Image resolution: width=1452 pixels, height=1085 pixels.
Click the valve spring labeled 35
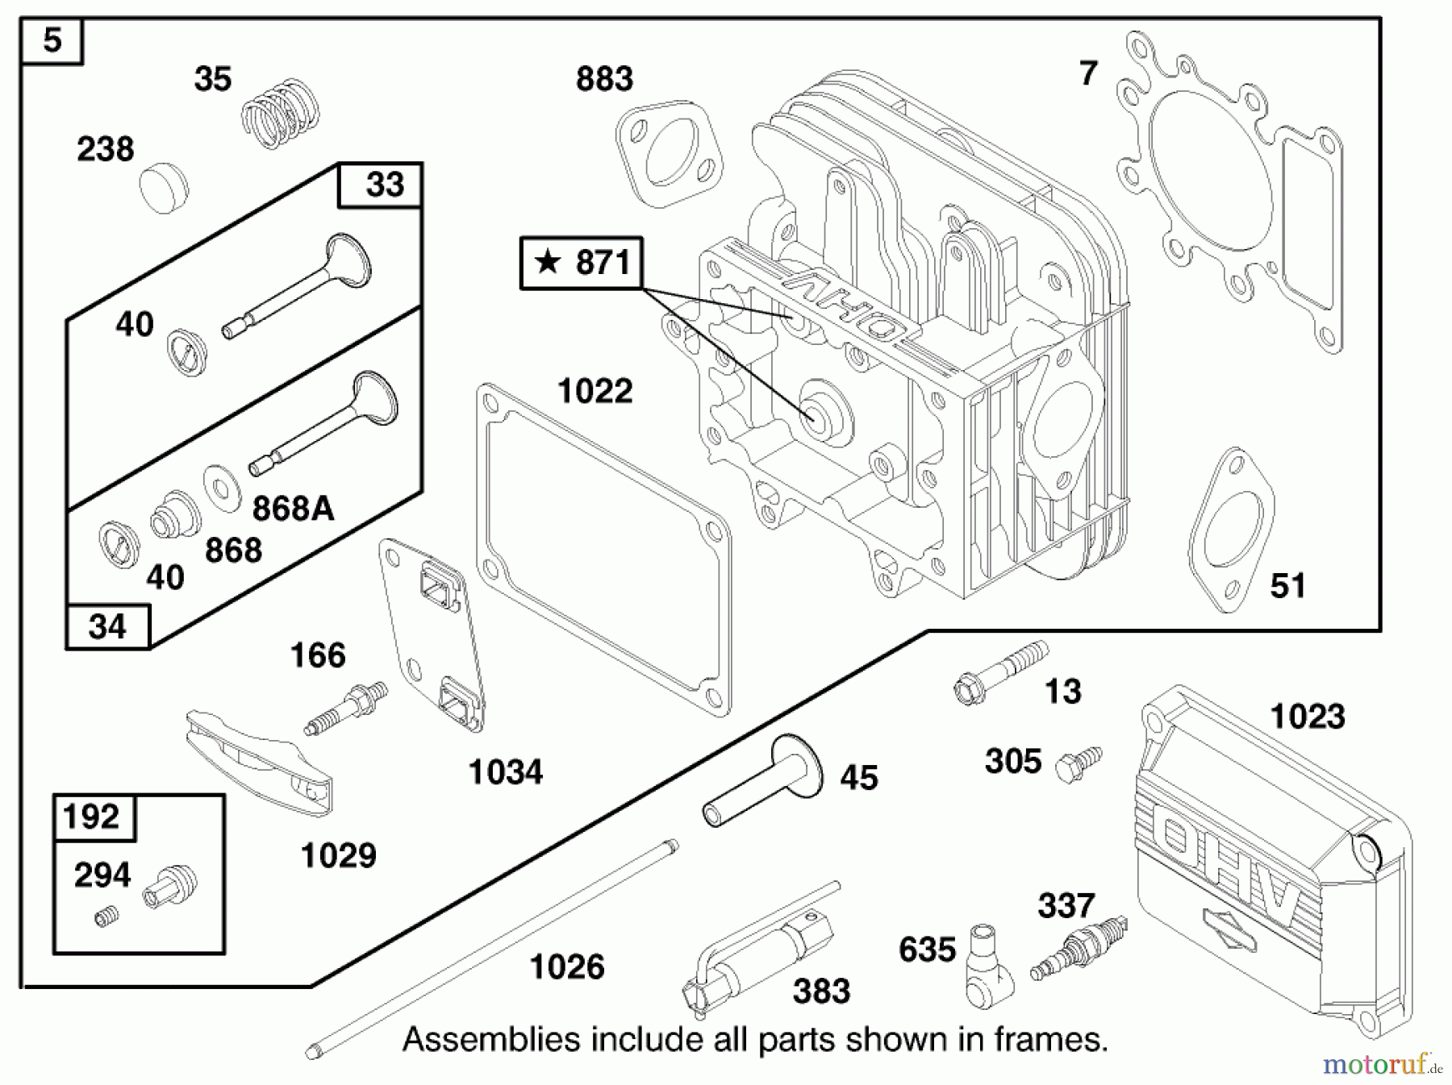click(281, 114)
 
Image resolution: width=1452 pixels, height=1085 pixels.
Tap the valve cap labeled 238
click(164, 187)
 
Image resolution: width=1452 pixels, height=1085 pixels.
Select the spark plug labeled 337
click(1079, 948)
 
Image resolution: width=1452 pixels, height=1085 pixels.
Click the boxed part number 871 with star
click(582, 263)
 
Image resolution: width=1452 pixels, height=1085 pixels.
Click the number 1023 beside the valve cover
click(1307, 716)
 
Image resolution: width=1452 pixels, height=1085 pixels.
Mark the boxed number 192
click(91, 817)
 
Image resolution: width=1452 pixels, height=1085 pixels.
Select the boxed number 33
click(384, 185)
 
